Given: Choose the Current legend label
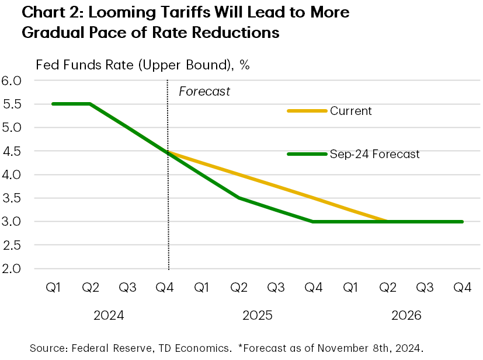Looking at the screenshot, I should tap(350, 111).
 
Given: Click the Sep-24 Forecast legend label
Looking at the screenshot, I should tap(374, 155).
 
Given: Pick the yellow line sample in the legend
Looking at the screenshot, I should tap(307, 111).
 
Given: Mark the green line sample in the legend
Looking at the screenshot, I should tap(307, 155).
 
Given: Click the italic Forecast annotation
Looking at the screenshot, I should tap(204, 92).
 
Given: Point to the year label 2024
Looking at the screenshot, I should tap(109, 316).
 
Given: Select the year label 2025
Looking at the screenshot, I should tap(258, 316).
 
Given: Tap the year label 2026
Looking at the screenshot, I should tap(406, 316).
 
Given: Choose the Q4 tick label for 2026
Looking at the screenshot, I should tap(462, 288).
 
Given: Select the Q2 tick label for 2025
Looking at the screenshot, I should tap(239, 288).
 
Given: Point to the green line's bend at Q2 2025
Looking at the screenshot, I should tap(239, 198).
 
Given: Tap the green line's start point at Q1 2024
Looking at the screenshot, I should tap(53, 104).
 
